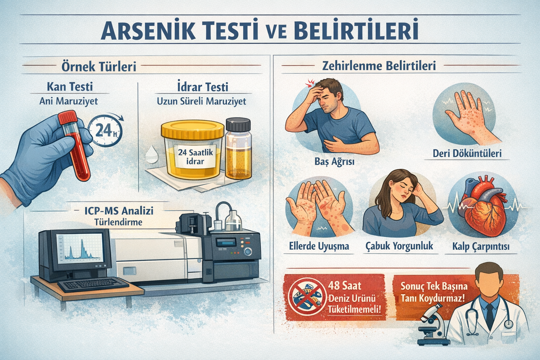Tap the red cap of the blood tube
67,117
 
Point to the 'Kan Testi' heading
70,86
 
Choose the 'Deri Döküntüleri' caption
467,154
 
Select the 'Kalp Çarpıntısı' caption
481,247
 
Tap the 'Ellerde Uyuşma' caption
319,246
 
